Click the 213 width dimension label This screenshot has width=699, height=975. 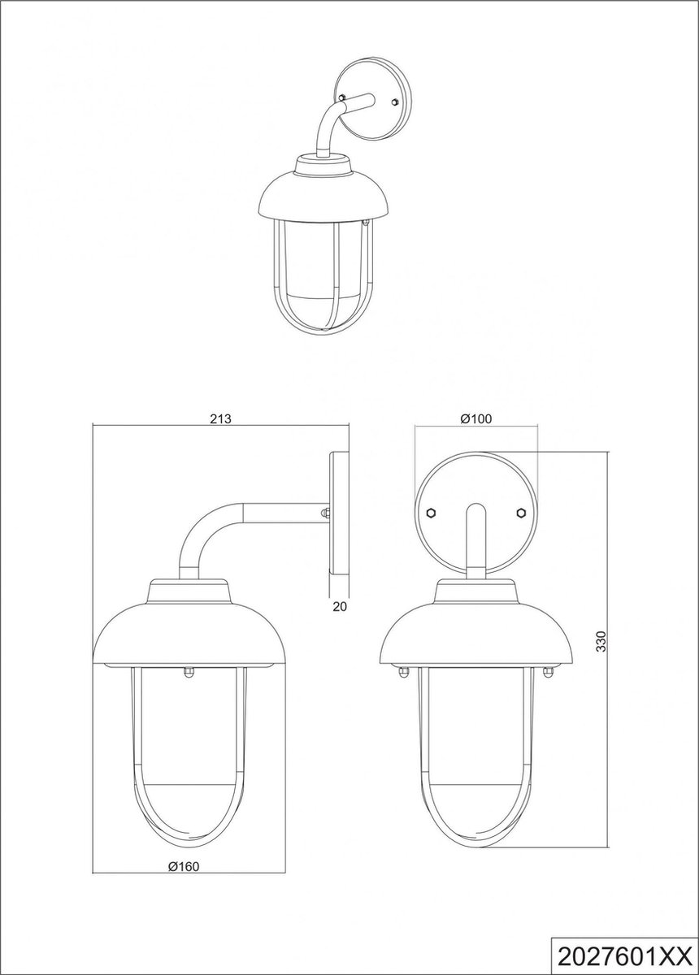click(x=220, y=419)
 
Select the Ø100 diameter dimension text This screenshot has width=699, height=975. click(x=476, y=419)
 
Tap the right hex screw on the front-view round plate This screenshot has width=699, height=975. click(x=520, y=513)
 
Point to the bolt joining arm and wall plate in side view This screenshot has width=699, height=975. click(x=325, y=513)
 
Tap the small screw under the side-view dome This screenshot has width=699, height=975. click(x=189, y=670)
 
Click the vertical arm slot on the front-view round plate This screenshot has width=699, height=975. click(x=475, y=536)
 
